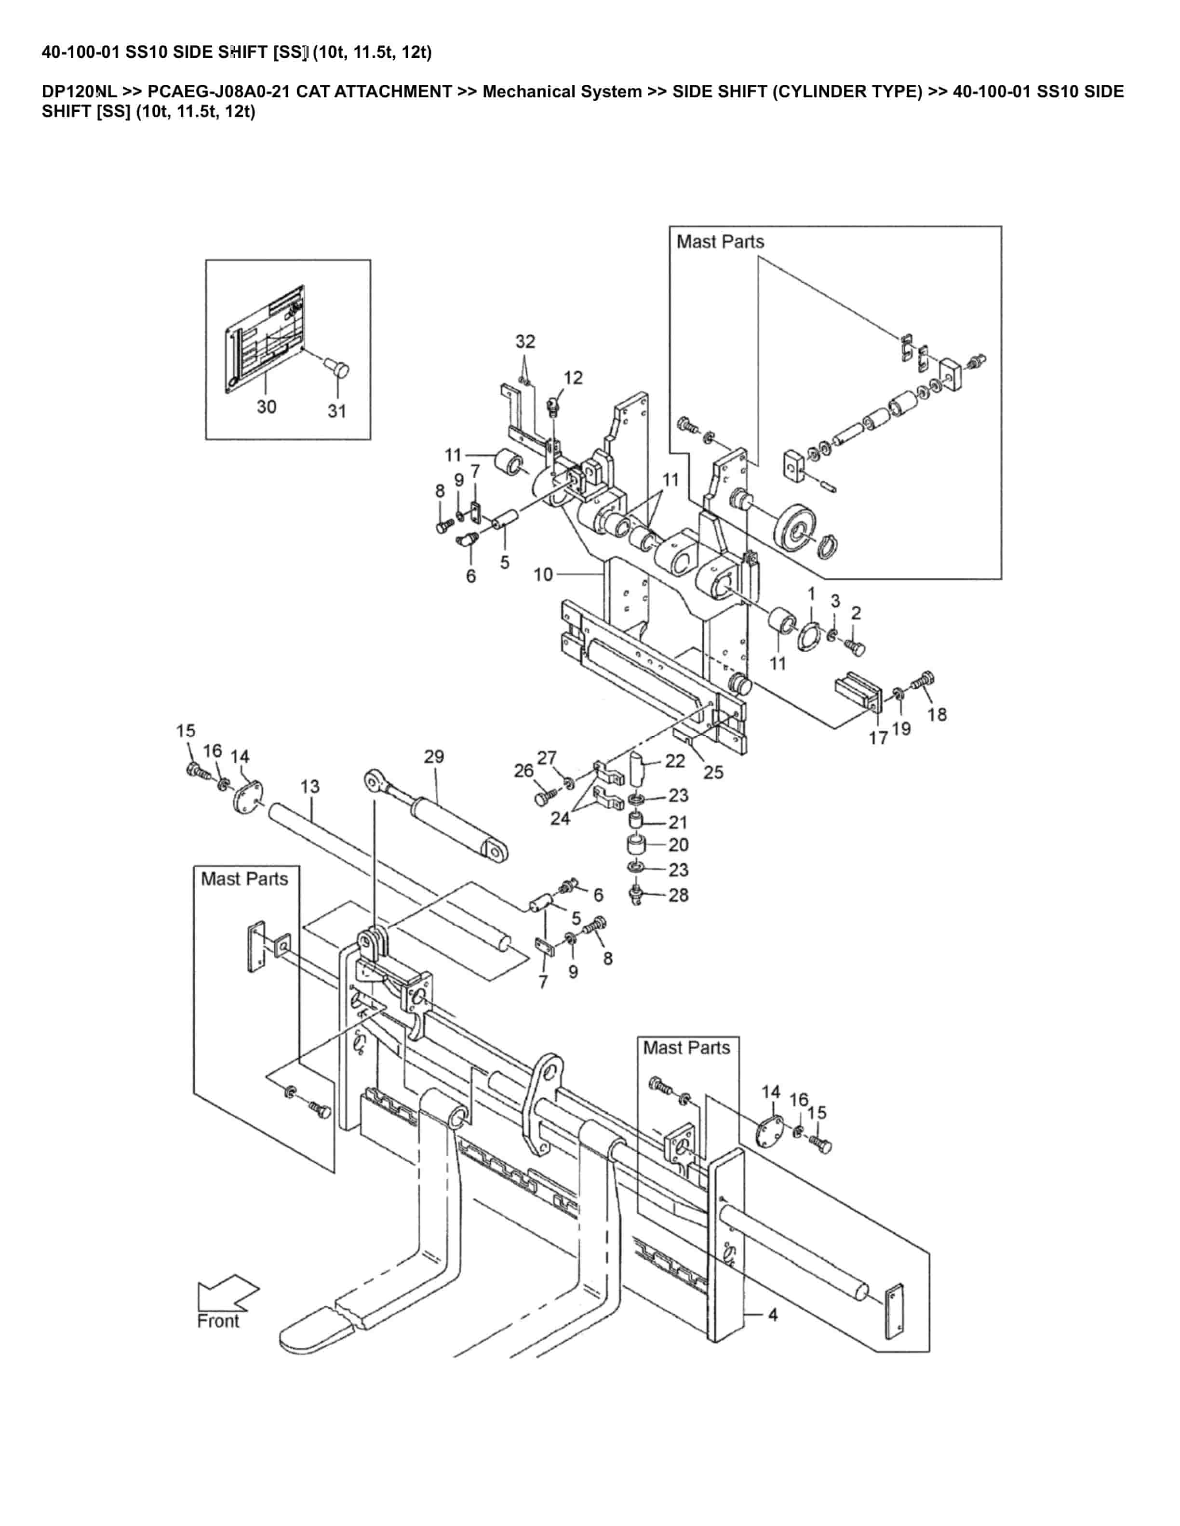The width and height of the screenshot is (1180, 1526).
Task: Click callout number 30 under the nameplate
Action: tap(267, 406)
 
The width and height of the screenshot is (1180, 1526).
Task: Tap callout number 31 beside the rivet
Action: tap(337, 411)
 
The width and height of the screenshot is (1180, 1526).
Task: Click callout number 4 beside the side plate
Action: tap(773, 1314)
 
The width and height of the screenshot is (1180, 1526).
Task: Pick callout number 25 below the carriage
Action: tap(713, 772)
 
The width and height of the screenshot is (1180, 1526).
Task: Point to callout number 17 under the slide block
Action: tap(878, 737)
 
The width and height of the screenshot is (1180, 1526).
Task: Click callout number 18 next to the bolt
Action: tap(937, 713)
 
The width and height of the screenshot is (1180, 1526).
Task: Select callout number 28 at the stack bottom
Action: tap(678, 895)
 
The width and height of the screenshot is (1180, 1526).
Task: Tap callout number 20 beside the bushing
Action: tap(678, 845)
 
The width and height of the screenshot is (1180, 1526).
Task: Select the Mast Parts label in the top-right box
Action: tap(720, 242)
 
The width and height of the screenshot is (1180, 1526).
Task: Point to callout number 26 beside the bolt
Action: tap(523, 770)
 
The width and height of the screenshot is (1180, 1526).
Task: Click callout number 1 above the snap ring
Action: tap(812, 594)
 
